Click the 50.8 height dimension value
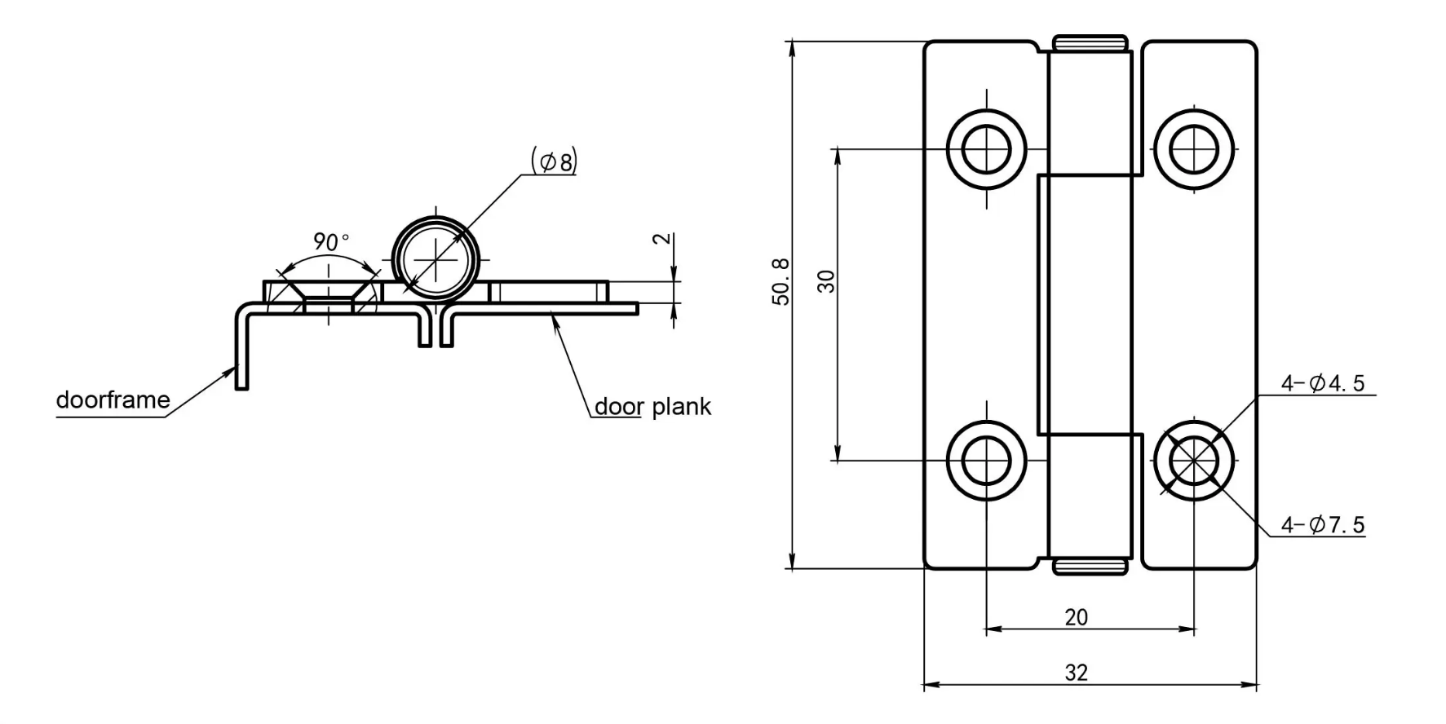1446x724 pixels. tap(780, 281)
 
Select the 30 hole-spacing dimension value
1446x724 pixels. tap(826, 281)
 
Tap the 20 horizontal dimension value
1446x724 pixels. tap(1076, 617)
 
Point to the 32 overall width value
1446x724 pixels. tap(1076, 673)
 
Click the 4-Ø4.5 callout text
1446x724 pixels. tap(1322, 383)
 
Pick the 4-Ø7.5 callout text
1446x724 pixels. tap(1322, 525)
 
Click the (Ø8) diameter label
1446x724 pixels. tap(554, 161)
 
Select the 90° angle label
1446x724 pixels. tap(330, 242)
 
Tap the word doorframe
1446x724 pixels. tap(113, 400)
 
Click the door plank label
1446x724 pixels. tap(652, 407)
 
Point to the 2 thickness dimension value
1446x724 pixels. tap(663, 239)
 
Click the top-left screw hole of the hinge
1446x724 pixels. tap(986, 149)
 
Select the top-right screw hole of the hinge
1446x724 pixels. tap(1194, 149)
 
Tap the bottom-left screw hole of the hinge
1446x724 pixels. tap(986, 461)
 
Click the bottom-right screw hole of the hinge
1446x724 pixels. tap(1194, 461)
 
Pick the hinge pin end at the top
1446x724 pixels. tap(1090, 42)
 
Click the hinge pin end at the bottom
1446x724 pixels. tap(1090, 567)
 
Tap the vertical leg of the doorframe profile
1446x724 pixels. tap(241, 351)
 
